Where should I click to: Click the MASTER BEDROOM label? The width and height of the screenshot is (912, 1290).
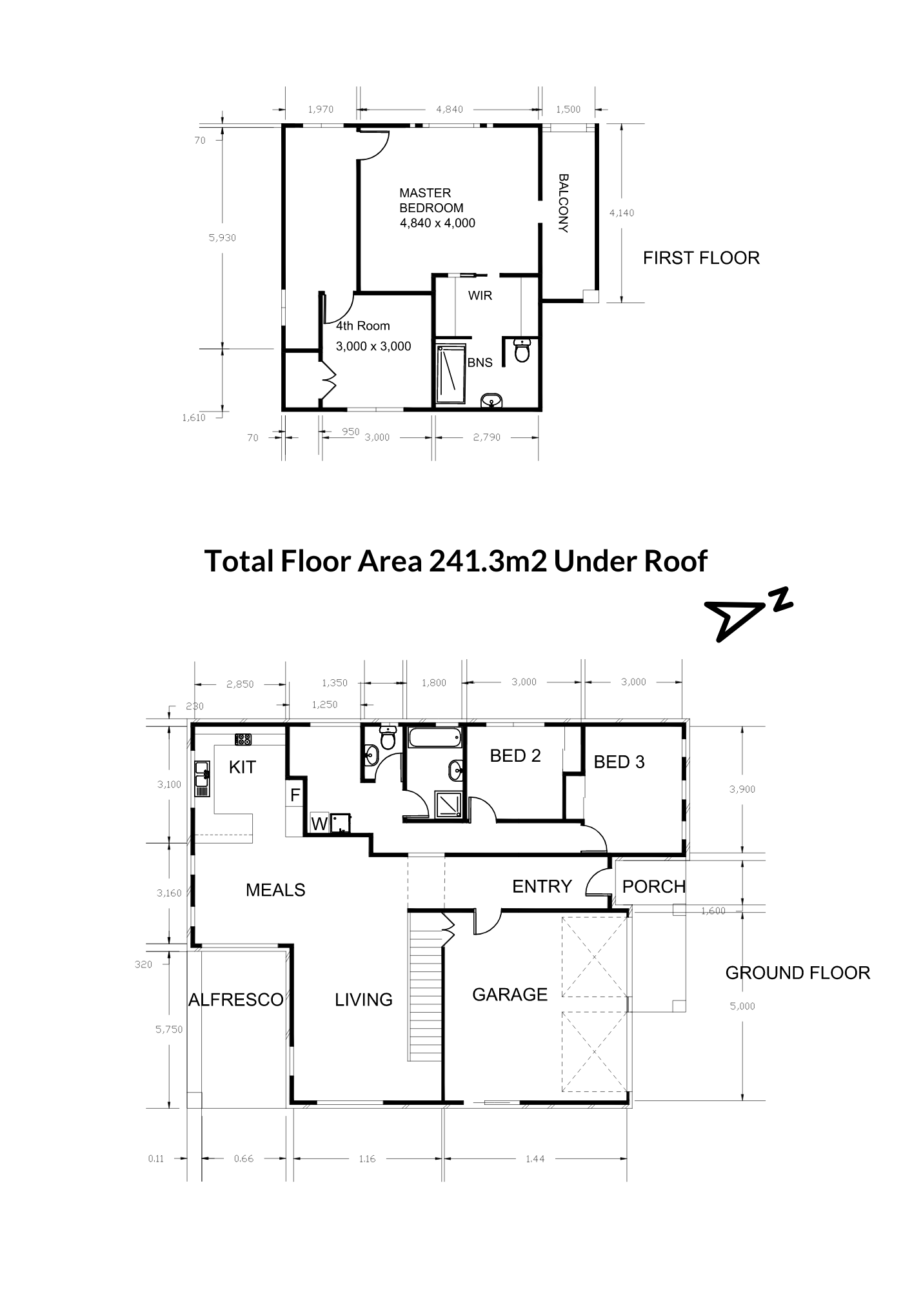431,200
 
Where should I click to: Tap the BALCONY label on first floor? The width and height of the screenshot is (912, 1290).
563,203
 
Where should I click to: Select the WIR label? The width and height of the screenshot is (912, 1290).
480,295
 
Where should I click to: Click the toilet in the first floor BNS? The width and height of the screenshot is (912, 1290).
522,350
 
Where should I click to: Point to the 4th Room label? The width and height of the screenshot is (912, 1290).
362,326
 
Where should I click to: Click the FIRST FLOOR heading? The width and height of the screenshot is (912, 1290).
701,258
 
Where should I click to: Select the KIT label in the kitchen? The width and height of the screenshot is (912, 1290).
243,767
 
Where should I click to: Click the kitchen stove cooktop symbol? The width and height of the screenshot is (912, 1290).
243,740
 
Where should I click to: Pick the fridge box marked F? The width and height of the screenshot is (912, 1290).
295,795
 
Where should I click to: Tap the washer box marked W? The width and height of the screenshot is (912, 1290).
319,823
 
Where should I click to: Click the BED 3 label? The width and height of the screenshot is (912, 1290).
619,762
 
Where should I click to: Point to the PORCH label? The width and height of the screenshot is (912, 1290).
653,886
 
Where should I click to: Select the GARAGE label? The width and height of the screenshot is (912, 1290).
510,995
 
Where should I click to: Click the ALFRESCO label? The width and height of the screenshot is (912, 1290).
236,1000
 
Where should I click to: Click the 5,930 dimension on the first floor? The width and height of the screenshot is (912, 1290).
222,237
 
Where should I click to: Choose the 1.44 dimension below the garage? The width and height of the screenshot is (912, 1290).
535,1158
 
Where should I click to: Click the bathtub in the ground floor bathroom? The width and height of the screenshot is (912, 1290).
435,738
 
